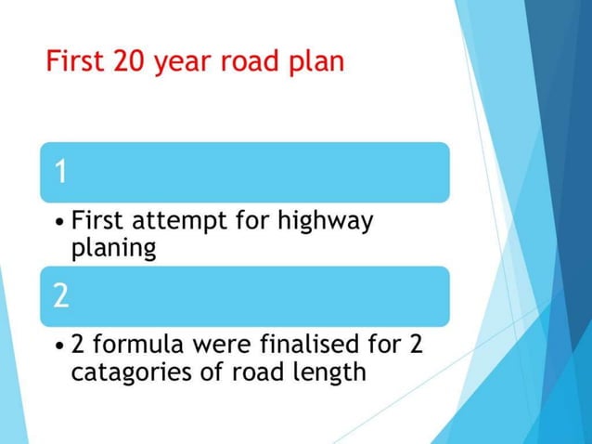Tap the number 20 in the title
pos(130,62)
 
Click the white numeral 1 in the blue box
pos(60,172)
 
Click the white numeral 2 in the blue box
pos(61,295)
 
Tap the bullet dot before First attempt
pos(60,223)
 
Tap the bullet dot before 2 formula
pos(60,347)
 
